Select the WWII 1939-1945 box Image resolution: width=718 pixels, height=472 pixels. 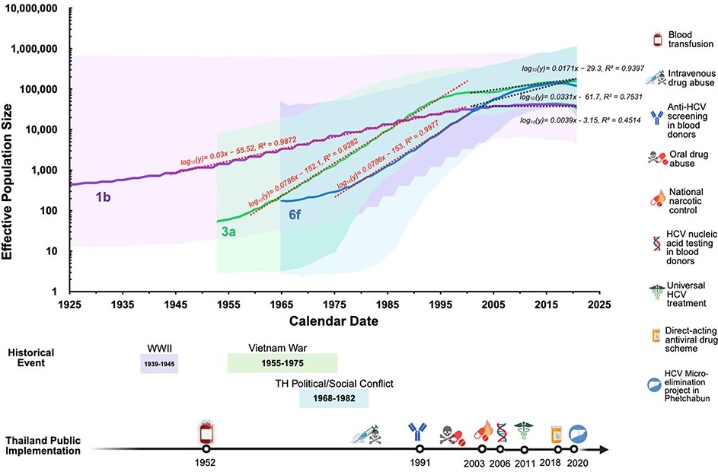(160, 363)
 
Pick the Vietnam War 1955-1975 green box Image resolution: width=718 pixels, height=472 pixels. (282, 363)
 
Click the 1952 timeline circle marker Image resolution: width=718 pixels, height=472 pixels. (206, 449)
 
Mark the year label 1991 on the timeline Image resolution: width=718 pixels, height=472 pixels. (420, 463)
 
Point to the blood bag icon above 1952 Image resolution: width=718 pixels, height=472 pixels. (206, 431)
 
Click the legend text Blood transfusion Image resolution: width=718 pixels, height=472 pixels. (688, 40)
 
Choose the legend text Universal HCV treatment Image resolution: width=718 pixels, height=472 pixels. (688, 294)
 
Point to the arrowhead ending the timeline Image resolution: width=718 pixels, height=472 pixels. (603, 449)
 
